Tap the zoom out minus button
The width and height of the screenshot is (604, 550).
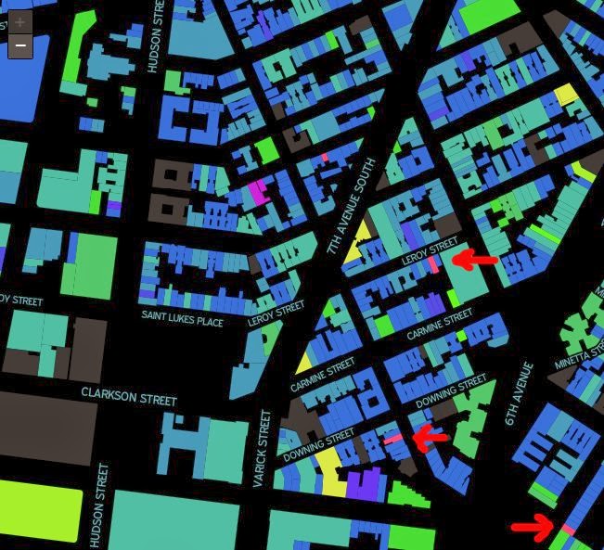coord(19,46)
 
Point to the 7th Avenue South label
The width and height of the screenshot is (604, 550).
coord(349,207)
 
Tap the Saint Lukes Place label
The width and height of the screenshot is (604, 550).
coord(182,316)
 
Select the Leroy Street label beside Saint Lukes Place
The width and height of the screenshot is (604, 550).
coord(276,313)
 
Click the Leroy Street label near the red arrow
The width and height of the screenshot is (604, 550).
coord(430,253)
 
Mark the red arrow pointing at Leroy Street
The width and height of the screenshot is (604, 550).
coord(475,261)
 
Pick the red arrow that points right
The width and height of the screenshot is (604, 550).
coord(533,529)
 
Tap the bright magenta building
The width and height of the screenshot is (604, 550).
coord(257,191)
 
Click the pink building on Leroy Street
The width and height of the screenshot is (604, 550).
coord(434,264)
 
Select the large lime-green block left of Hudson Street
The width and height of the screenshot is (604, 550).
coord(41,511)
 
